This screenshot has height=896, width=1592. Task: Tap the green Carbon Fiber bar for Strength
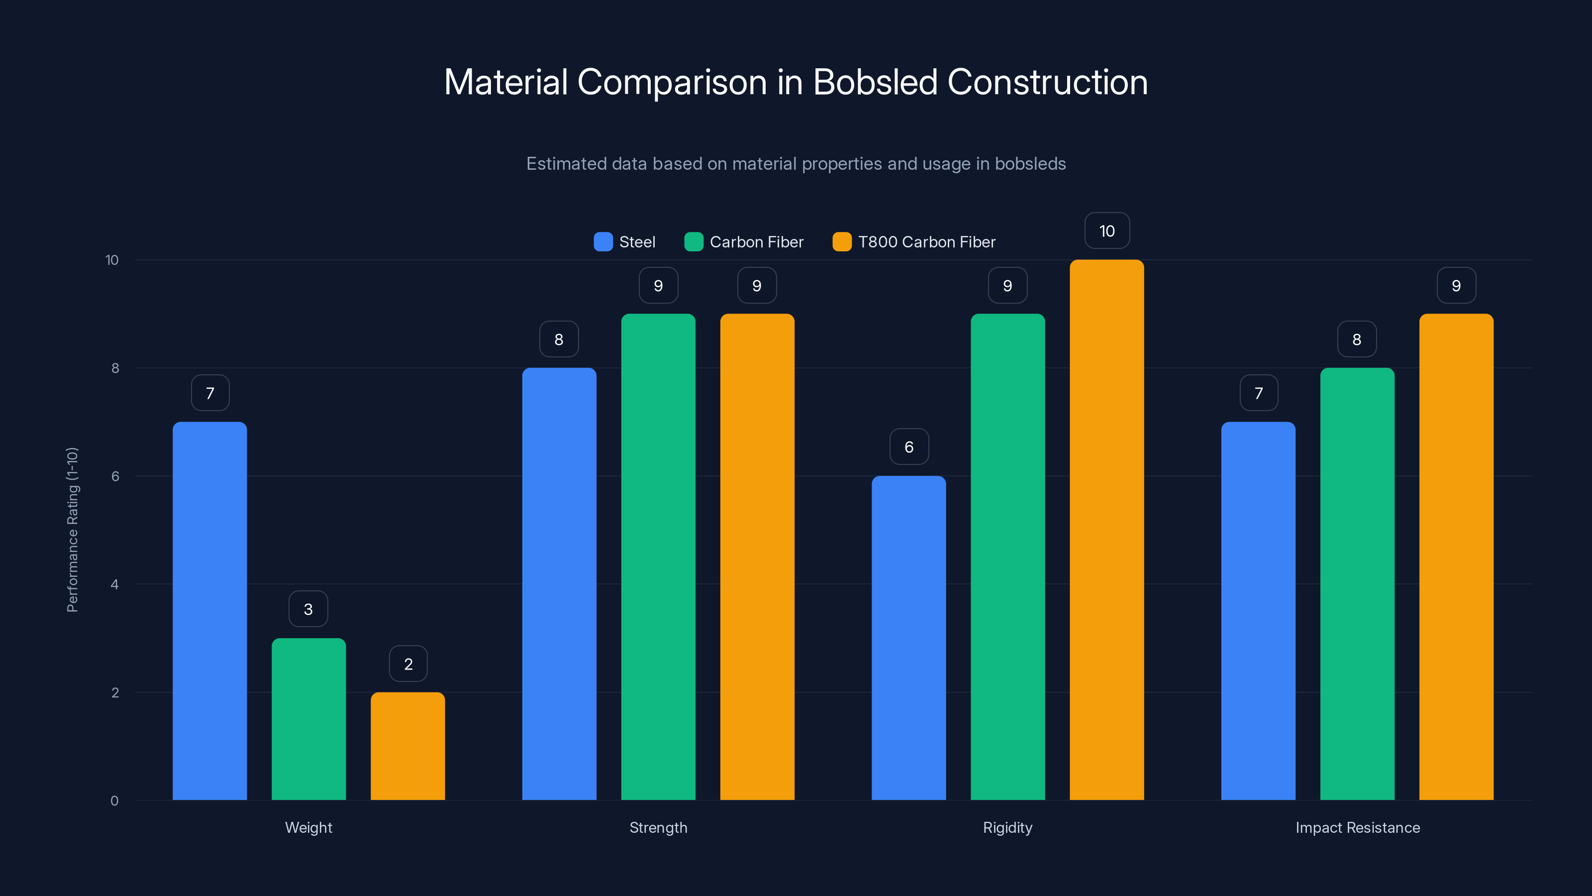pyautogui.click(x=658, y=557)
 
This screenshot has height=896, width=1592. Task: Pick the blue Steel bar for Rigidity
pyautogui.click(x=908, y=638)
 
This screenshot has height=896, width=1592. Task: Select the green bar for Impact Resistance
pyautogui.click(x=1357, y=584)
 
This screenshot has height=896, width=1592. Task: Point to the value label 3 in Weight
pyautogui.click(x=308, y=609)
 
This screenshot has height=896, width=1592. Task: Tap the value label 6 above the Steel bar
pyautogui.click(x=908, y=447)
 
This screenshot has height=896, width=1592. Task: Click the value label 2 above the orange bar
pyautogui.click(x=408, y=664)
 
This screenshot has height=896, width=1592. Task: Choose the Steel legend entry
pyautogui.click(x=625, y=242)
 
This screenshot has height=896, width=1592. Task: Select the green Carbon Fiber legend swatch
pyautogui.click(x=694, y=242)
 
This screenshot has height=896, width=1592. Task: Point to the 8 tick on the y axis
pyautogui.click(x=115, y=368)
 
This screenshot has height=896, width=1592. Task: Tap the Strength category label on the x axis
pyautogui.click(x=658, y=827)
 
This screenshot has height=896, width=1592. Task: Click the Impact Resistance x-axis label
pyautogui.click(x=1357, y=827)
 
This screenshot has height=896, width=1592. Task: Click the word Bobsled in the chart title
pyautogui.click(x=875, y=82)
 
